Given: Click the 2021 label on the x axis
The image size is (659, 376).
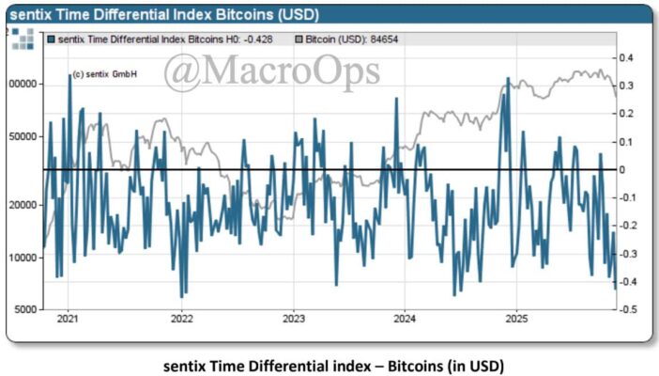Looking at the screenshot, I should (68, 320).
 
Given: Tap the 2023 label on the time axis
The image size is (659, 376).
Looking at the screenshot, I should (293, 320).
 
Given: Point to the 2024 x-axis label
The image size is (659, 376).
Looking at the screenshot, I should (405, 320).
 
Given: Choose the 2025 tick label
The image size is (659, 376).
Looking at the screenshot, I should (517, 320).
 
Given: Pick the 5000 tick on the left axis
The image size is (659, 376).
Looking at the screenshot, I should (27, 309).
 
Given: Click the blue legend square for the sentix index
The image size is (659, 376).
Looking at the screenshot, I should (51, 39).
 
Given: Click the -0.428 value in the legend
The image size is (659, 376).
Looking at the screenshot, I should (256, 39).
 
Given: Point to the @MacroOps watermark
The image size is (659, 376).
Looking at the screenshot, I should (272, 71).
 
